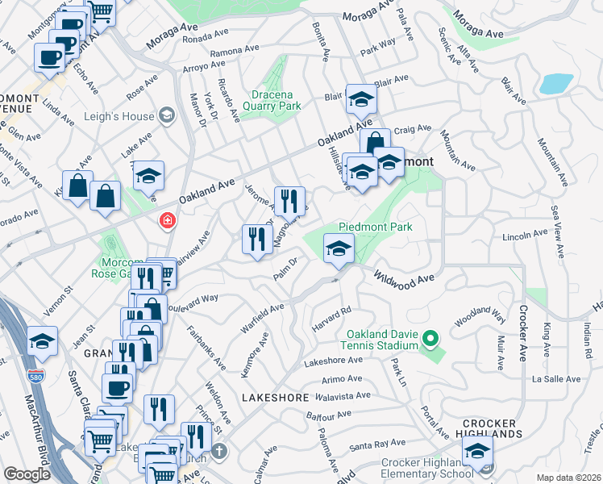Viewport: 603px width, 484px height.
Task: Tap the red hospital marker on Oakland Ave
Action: [168, 220]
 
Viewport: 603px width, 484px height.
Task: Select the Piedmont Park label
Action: [376, 227]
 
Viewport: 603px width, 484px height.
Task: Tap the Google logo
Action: [27, 474]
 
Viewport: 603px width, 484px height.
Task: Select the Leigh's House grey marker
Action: [168, 116]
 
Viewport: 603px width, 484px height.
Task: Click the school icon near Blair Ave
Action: [361, 100]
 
